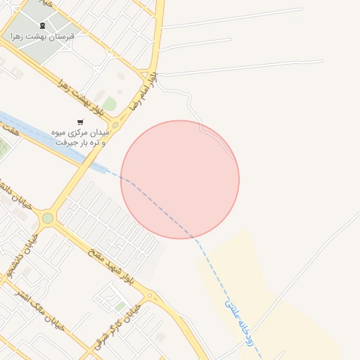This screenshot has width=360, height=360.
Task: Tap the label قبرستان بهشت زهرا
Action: coord(42,36)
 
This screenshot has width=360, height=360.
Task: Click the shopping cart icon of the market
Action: coord(79,122)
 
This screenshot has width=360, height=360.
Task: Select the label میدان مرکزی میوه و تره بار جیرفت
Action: coord(79,137)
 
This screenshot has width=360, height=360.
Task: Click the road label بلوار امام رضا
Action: coord(145,91)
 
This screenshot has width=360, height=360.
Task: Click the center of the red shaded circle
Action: coord(180,179)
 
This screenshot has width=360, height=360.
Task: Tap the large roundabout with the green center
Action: coord(47,218)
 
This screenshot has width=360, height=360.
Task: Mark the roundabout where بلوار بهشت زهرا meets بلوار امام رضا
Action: coord(115,126)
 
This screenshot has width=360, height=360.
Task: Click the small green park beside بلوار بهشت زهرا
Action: coord(109,105)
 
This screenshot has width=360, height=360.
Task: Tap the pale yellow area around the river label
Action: coord(295,330)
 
